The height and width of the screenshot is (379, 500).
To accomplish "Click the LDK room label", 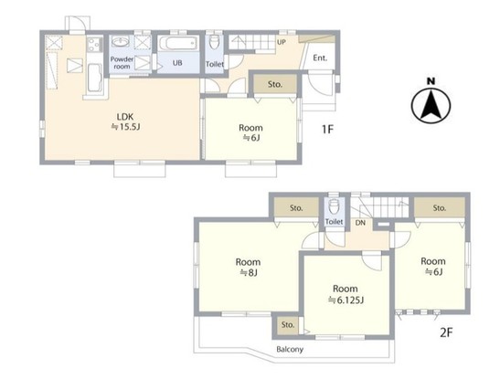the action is pos(125,117).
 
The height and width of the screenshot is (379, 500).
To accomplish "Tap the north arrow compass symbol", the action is pos(431,101).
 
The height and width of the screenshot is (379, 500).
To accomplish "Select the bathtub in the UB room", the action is pos(177,43).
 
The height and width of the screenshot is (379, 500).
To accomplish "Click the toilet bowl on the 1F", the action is pos(214,42).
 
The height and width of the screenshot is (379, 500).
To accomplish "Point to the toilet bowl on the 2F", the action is pos(335,206).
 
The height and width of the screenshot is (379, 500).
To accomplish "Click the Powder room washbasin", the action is pos(121,42).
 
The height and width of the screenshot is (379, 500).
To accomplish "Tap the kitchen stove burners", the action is pos(94,44).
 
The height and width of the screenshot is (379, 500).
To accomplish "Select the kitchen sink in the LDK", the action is pos(94,78).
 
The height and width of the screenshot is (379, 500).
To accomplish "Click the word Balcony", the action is pos(290,350).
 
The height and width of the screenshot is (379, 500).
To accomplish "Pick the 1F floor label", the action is pos(327,130).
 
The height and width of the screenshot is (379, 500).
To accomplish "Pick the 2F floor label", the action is pos(446,332).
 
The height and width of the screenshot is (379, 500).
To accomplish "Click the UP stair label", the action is pos(282,42).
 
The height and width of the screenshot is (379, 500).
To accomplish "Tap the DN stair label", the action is pos(360,223).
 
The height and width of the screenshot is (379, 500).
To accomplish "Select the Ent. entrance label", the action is pos(320,58).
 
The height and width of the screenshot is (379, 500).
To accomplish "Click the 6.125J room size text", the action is pos(346,300).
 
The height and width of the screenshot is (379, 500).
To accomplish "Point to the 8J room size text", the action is pos(249,273).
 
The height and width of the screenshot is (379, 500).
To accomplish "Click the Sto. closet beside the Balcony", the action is pos(288,325).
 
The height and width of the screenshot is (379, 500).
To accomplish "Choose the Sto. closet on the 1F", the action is pos(275,84).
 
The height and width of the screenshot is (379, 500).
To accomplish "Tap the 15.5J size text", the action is pos(125,127).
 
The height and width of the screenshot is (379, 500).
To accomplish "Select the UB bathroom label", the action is pos(177,63).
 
